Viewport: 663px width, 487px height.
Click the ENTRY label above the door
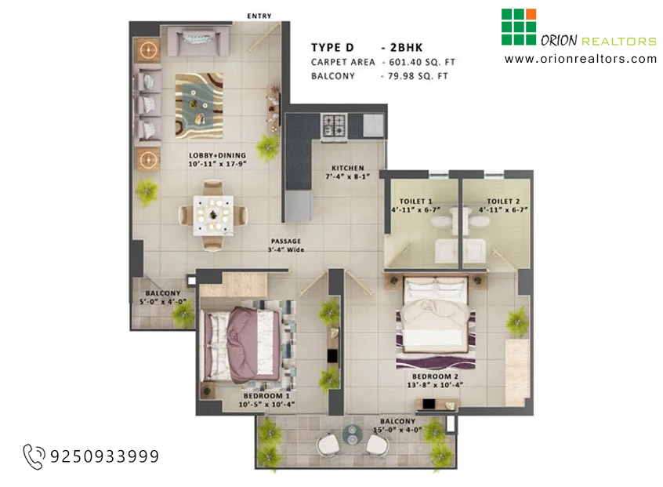pos(259,16)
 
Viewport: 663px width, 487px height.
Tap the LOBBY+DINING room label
pos(217,155)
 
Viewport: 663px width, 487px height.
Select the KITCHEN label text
pos(348,168)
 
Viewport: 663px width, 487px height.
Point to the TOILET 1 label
pos(415,202)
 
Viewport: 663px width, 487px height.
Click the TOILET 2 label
pos(503,202)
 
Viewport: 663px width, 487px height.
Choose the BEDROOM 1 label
pos(266,395)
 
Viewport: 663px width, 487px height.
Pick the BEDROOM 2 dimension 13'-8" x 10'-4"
pos(435,385)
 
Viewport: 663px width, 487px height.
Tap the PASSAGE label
pos(286,242)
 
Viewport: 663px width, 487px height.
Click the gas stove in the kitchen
pos(334,125)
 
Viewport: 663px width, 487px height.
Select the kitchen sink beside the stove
pos(373,125)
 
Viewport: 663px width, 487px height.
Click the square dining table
pos(213,216)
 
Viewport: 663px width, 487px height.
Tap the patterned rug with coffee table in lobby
pos(199,106)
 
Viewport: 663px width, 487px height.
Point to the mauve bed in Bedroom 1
pos(242,345)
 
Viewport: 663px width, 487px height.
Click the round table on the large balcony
pos(351,435)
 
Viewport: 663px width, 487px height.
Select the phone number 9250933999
pos(105,456)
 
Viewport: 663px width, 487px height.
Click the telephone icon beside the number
pos(34,456)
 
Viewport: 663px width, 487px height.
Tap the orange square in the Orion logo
pos(531,14)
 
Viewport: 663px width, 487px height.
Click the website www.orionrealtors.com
pos(581,59)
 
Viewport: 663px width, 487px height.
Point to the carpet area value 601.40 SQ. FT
pos(422,62)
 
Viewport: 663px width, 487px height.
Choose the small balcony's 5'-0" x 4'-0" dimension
pos(163,302)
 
